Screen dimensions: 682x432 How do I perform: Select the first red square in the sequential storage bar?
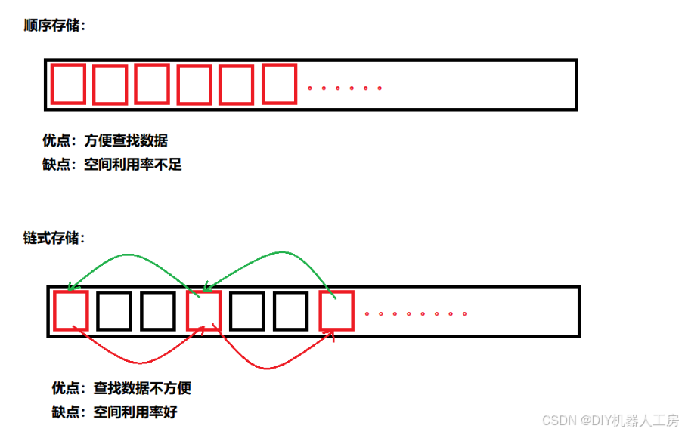pyautogui.click(x=67, y=84)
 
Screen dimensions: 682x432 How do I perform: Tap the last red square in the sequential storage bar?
pyautogui.click(x=279, y=84)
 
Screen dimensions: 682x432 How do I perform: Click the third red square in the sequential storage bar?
pyautogui.click(x=152, y=84)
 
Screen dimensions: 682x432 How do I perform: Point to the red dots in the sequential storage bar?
pyautogui.click(x=344, y=88)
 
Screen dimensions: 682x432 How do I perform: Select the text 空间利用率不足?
pyautogui.click(x=133, y=164)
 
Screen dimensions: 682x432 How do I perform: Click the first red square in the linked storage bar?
pyautogui.click(x=71, y=310)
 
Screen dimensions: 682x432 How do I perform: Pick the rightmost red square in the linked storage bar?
pyautogui.click(x=336, y=310)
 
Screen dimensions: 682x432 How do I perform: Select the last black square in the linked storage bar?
pyautogui.click(x=291, y=310)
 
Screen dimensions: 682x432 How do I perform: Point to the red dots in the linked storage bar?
pyautogui.click(x=415, y=313)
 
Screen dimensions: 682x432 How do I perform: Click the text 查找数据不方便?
pyautogui.click(x=142, y=389)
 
